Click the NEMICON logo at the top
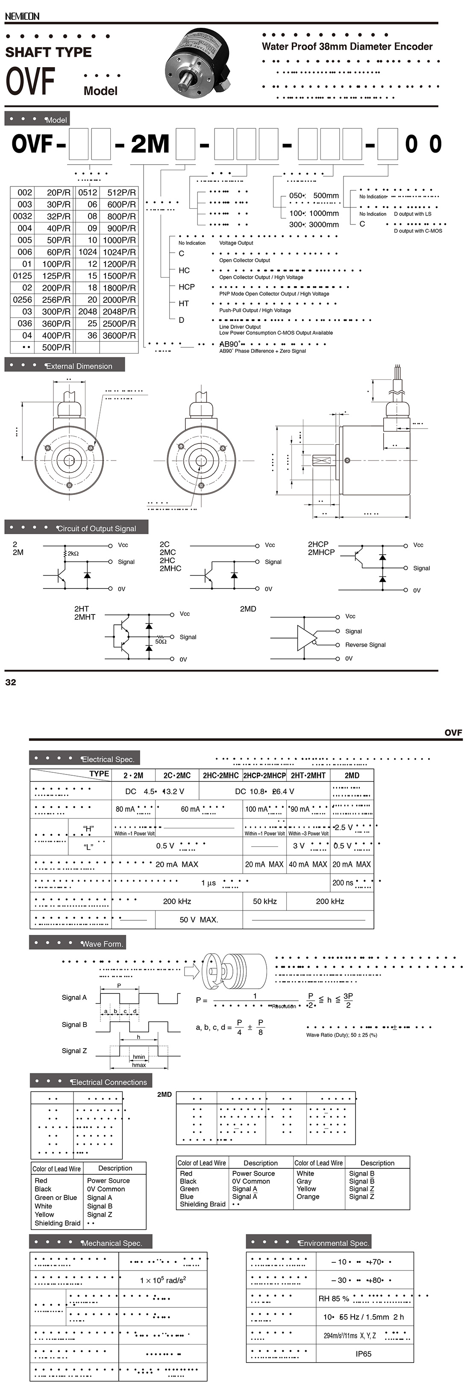tap(22, 17)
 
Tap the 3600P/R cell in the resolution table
tap(119, 335)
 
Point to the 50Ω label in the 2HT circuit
tap(161, 641)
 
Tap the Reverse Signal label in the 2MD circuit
tap(365, 644)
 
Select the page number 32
tap(11, 682)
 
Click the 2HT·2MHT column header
tap(308, 775)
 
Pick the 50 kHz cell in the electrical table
tap(264, 901)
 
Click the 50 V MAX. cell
tap(198, 919)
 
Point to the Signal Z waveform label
tap(74, 1050)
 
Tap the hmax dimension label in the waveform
tap(139, 1065)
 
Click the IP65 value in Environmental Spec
tap(364, 1354)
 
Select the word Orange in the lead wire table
tap(308, 1197)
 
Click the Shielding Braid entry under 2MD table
tap(203, 1204)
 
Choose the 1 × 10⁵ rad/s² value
tap(163, 1280)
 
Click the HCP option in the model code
tap(187, 287)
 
